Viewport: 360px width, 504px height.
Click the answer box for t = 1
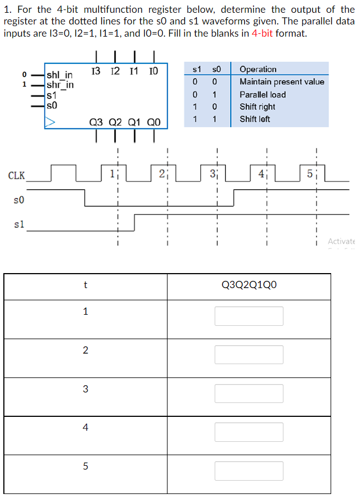pyautogui.click(x=249, y=316)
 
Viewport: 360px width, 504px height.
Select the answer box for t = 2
pyautogui.click(x=249, y=355)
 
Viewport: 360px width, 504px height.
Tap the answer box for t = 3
pyautogui.click(x=249, y=394)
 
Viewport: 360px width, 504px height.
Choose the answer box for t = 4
pyautogui.click(x=249, y=432)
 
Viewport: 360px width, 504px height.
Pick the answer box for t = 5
pyautogui.click(x=249, y=471)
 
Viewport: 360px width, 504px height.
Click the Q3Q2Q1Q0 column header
pyautogui.click(x=249, y=285)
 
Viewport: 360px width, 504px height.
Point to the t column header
pyautogui.click(x=85, y=285)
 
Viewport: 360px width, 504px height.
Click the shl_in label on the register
pyautogui.click(x=59, y=76)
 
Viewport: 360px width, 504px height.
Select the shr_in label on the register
pyautogui.click(x=60, y=85)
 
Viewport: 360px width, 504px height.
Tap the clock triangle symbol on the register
pyautogui.click(x=50, y=120)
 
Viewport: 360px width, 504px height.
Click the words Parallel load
pyautogui.click(x=262, y=94)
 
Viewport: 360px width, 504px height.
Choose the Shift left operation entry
pyautogui.click(x=255, y=119)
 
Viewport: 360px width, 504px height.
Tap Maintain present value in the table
pyautogui.click(x=282, y=82)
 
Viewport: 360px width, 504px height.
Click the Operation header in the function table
pyautogui.click(x=258, y=69)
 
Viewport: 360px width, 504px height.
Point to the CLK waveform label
pyautogui.click(x=17, y=176)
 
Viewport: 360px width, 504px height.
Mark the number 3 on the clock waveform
pyautogui.click(x=212, y=173)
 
